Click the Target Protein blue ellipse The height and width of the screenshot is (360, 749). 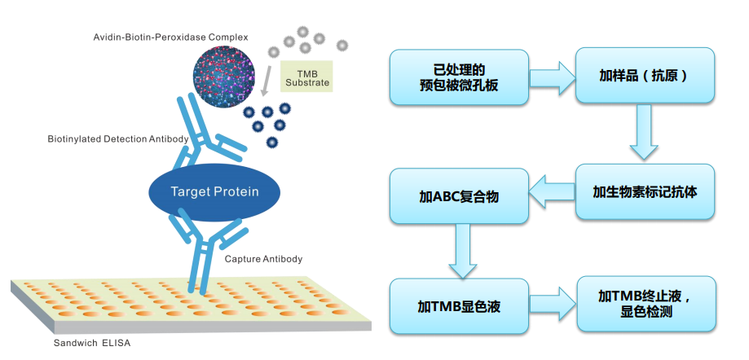tap(214, 192)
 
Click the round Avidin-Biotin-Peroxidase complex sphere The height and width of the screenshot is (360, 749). tap(225, 78)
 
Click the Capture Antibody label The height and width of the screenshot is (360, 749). tap(263, 259)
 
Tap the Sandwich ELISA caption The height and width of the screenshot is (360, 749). tap(91, 343)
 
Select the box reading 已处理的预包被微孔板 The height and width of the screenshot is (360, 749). tap(459, 77)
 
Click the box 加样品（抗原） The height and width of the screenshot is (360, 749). tap(645, 76)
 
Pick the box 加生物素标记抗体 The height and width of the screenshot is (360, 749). tap(645, 193)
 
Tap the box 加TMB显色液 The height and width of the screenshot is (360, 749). tap(459, 306)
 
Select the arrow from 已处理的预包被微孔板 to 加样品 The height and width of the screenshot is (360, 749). tap(553, 77)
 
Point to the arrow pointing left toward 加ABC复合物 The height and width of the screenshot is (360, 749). tap(552, 194)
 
